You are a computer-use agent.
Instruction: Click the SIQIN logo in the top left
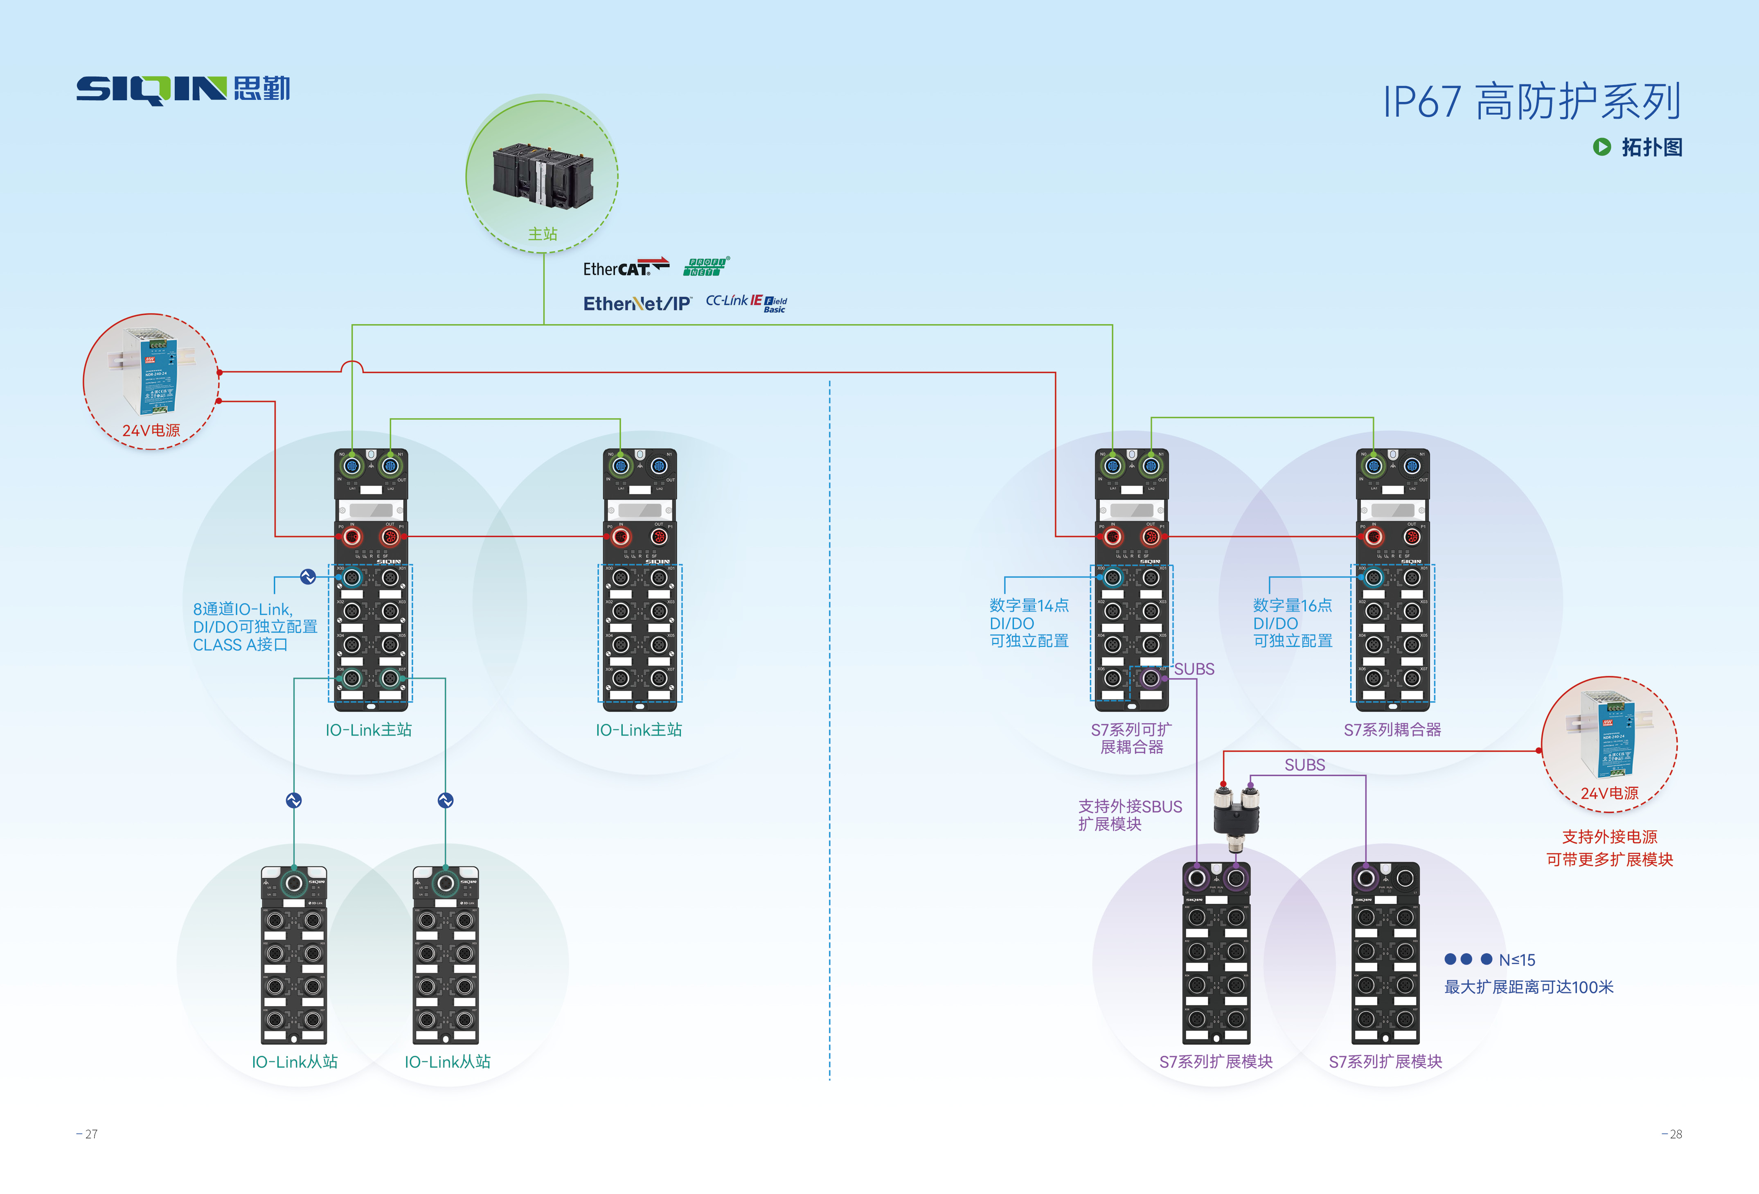click(x=182, y=89)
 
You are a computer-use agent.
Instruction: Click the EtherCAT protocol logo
click(x=625, y=268)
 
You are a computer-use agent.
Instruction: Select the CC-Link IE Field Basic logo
click(x=746, y=303)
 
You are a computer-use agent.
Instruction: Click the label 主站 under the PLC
click(x=543, y=234)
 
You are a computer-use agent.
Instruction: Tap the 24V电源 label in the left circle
click(x=151, y=430)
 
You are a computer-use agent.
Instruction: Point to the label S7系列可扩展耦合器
click(x=1131, y=738)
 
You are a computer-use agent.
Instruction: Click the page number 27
click(x=88, y=1133)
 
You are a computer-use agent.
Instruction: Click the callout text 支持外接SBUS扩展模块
click(x=1129, y=815)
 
